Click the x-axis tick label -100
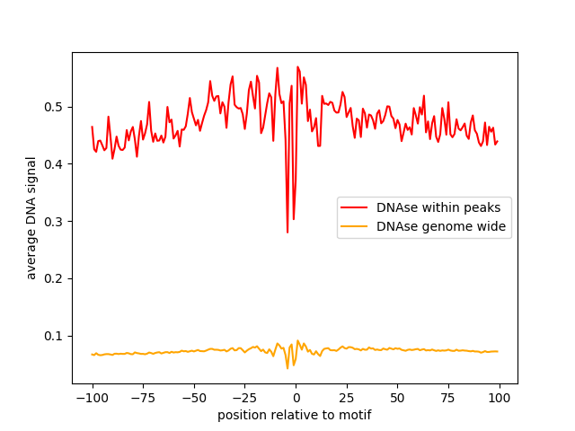pyautogui.click(x=92, y=398)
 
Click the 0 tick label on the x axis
pyautogui.click(x=296, y=398)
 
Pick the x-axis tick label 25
pyautogui.click(x=347, y=398)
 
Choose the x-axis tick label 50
pyautogui.click(x=397, y=398)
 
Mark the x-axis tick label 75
pyautogui.click(x=448, y=398)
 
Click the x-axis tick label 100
pyautogui.click(x=500, y=398)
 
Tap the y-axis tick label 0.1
pyautogui.click(x=56, y=336)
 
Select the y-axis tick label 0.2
pyautogui.click(x=56, y=278)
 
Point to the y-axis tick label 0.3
pyautogui.click(x=56, y=222)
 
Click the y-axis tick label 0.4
pyautogui.click(x=56, y=164)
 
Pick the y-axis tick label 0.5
pyautogui.click(x=56, y=107)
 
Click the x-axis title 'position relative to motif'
pyautogui.click(x=295, y=415)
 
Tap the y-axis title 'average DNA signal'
pyautogui.click(x=31, y=217)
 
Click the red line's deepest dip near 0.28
pyautogui.click(x=287, y=233)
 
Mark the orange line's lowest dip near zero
pyautogui.click(x=287, y=368)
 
